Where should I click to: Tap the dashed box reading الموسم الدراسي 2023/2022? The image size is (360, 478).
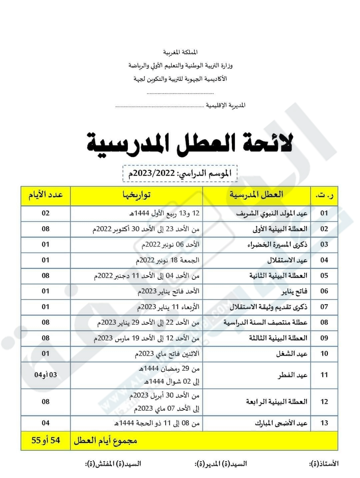(x=180, y=173)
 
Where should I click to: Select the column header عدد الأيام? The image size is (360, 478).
(x=46, y=195)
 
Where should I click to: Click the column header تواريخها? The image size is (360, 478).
(x=136, y=195)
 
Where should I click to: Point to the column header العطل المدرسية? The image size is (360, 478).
(x=256, y=195)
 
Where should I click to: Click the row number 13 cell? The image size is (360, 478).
(x=324, y=423)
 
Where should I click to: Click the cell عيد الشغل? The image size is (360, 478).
(x=292, y=354)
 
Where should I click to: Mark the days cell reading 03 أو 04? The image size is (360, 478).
(x=46, y=375)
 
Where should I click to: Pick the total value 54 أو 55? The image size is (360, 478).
(x=46, y=441)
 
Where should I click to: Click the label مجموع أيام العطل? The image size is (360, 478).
(x=105, y=441)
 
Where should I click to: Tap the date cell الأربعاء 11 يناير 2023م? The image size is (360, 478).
(x=168, y=307)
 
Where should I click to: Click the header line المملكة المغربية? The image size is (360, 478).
(x=180, y=52)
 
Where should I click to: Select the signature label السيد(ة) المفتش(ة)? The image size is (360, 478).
(x=114, y=464)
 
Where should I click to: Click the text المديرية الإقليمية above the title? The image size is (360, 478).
(x=226, y=106)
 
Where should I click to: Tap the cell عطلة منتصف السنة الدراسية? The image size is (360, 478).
(x=265, y=323)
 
